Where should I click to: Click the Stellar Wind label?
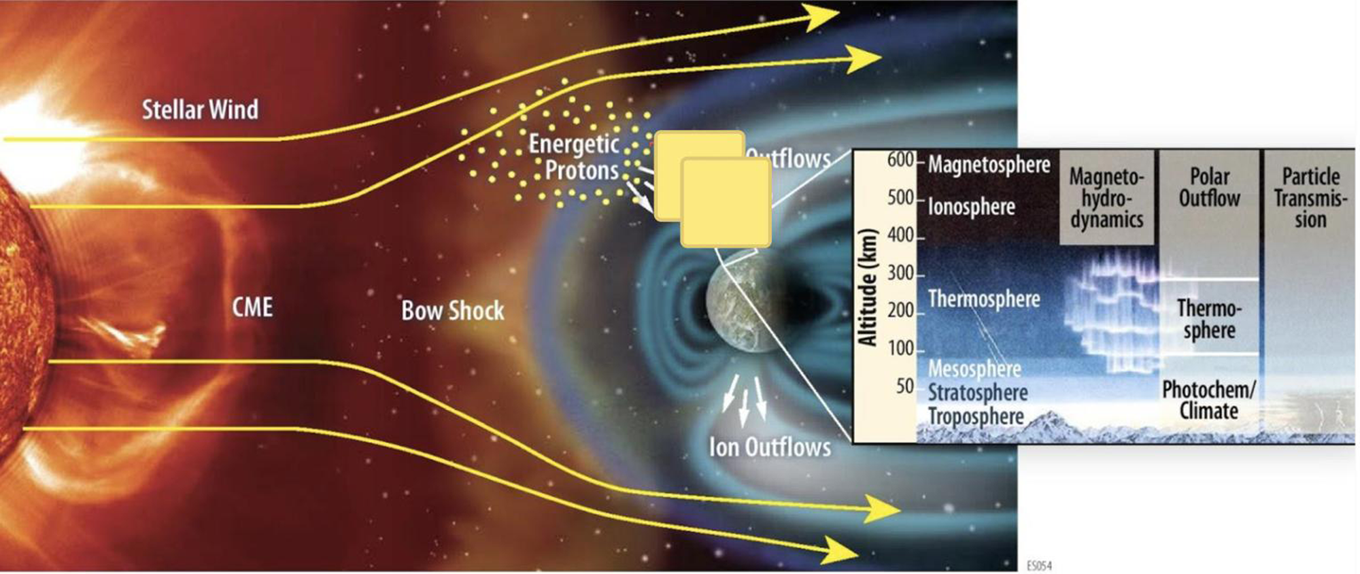point(200,109)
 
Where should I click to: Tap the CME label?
point(252,307)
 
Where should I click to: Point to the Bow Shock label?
point(453,311)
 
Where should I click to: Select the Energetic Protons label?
point(575,157)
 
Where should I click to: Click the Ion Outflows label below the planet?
point(770,447)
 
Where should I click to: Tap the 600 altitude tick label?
point(900,160)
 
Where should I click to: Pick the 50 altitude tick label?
point(904,386)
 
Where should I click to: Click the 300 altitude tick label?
point(900,273)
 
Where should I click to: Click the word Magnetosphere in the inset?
point(989,165)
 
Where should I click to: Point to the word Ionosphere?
point(971,207)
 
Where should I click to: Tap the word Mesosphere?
point(974,369)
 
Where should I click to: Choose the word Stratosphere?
point(978,392)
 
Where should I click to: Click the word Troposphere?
point(976,416)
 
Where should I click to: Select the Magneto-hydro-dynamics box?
point(1106,198)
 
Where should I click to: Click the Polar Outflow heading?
point(1209,187)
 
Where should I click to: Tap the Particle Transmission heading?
point(1310,198)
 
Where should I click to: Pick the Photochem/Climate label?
point(1208,400)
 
